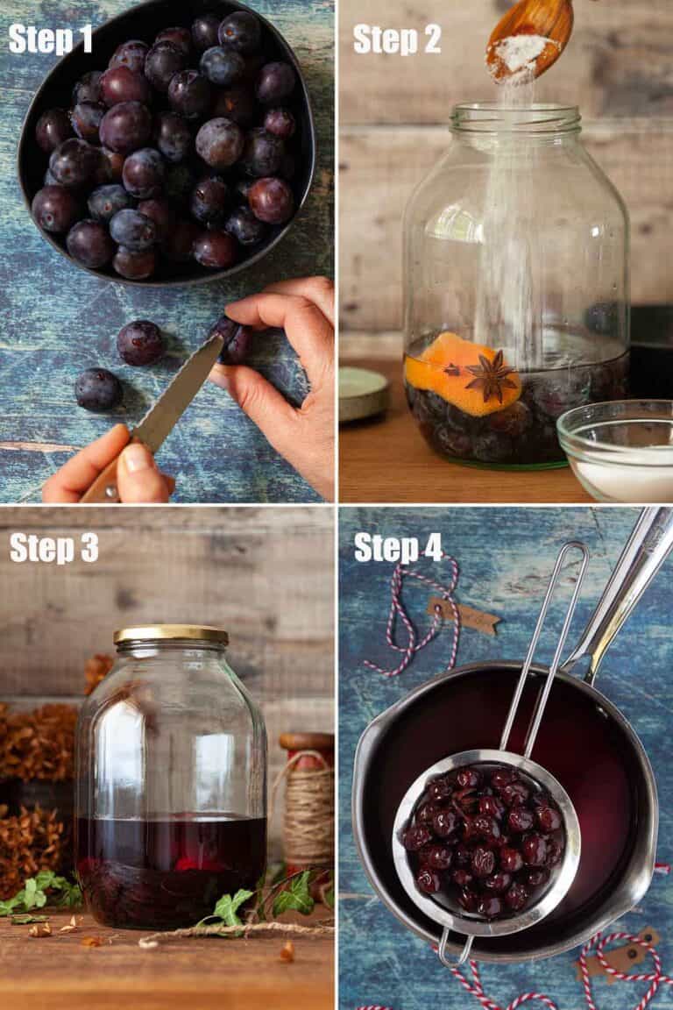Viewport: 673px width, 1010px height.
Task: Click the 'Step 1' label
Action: point(51,39)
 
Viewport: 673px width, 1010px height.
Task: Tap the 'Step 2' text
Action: point(397,39)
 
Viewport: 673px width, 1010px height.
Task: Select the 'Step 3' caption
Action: point(53,546)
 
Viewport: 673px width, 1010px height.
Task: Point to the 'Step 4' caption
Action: point(399,546)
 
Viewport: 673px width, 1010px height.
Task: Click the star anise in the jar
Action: point(490,374)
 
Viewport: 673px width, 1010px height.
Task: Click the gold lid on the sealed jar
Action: point(171,634)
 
